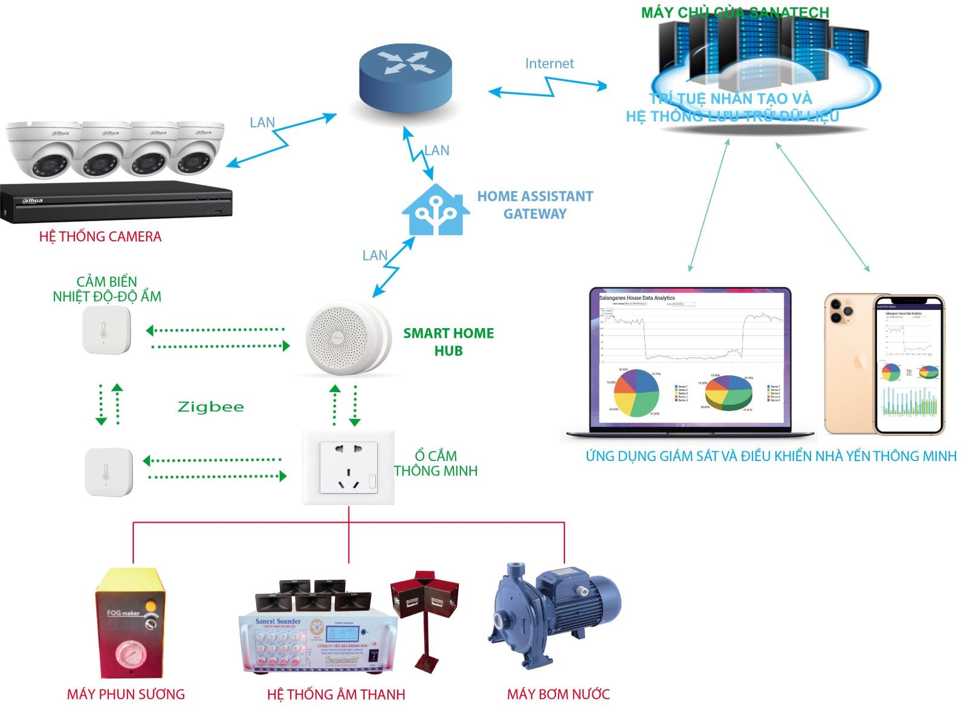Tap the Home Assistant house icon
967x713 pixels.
coord(436,209)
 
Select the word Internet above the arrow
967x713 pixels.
coord(549,63)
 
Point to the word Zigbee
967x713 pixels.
coord(211,407)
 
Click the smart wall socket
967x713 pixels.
coord(349,468)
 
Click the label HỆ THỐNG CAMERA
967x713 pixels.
coord(100,237)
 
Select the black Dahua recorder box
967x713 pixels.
coord(116,202)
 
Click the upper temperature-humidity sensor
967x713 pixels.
coord(106,330)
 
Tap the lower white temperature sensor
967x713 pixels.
coord(108,472)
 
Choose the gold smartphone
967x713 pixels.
coord(884,364)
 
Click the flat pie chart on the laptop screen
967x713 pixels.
coord(636,393)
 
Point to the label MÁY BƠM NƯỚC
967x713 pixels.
coord(558,694)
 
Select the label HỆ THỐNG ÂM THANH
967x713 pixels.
coord(336,695)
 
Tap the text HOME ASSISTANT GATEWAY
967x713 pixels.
coord(535,205)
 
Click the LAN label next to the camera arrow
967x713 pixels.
coord(262,123)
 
